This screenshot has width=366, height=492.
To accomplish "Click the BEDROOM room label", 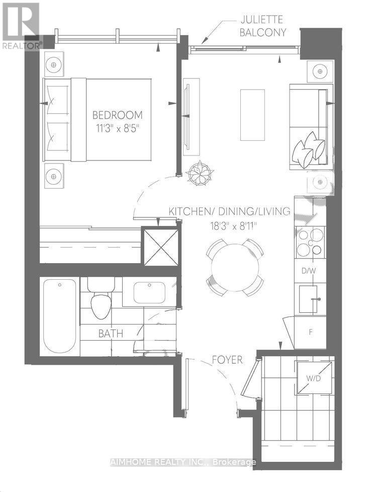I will coord(120,115).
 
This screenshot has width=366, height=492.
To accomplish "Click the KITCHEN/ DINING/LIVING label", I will coord(230,211).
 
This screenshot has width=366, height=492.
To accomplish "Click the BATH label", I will coord(111,333).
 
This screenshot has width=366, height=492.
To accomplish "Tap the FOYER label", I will coord(227,360).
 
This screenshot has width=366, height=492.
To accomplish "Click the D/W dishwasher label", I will coord(308,272).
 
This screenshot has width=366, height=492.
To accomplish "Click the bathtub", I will coord(60,315).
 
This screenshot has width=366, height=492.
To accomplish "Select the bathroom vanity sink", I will coord(149,292).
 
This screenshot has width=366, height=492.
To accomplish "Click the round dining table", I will coord(235,267).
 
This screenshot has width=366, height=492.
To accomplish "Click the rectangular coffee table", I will coord(252,115).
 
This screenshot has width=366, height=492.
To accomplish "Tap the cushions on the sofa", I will coord(309,149).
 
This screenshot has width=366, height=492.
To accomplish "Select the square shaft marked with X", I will coord(161,247).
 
